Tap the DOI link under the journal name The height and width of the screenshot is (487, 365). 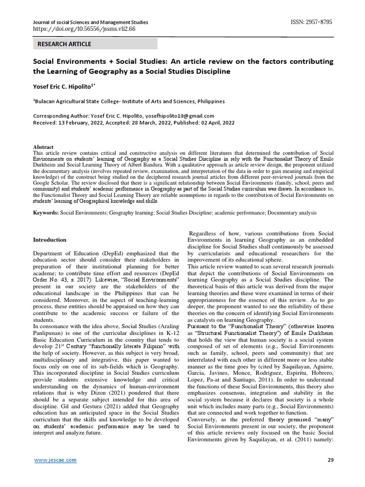coord(84,29)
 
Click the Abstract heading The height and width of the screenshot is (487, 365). coord(43,147)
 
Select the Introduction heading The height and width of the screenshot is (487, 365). coord(49,240)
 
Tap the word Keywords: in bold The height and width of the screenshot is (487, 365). coord(45,214)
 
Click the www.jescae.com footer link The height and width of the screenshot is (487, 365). coord(55,460)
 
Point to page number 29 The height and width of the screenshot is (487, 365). coord(331,460)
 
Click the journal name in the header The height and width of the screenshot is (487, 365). coord(90,22)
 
